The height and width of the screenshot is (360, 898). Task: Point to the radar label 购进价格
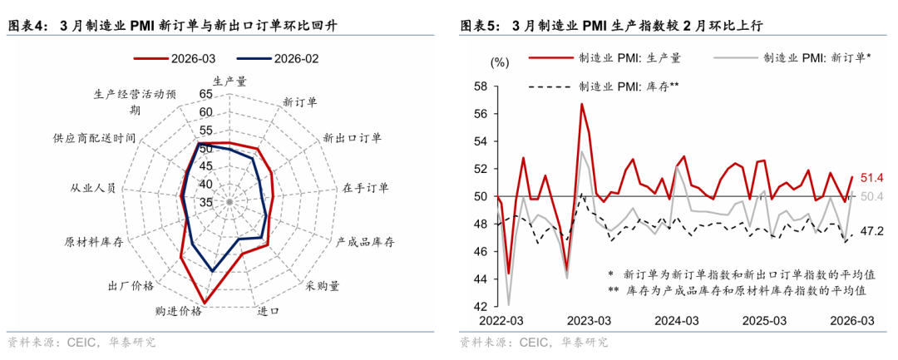179,311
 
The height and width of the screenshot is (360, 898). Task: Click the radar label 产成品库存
365,242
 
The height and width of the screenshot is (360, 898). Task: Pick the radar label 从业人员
93,189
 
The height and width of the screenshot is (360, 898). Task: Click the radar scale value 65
205,94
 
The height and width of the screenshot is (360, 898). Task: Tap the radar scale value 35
205,202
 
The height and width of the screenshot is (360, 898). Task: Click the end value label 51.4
872,177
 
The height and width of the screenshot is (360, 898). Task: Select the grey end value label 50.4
872,196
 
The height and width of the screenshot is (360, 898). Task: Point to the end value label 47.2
872,231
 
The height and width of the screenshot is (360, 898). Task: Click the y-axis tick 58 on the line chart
480,86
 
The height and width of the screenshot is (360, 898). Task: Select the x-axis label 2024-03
676,321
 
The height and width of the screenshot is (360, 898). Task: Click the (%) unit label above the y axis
499,62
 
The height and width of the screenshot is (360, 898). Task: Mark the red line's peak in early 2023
582,104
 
